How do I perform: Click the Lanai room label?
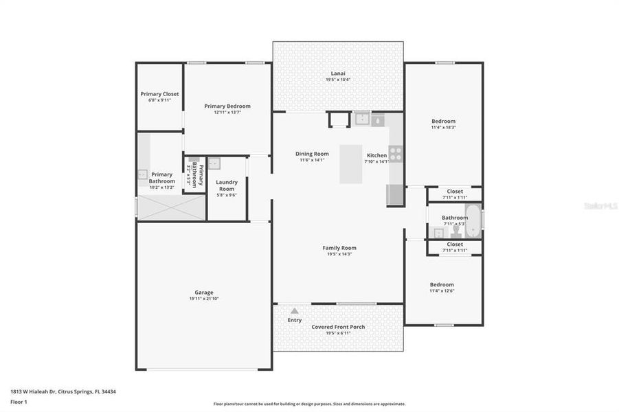[337, 73]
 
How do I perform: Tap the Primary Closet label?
[159, 94]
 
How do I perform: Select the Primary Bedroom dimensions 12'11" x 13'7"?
[227, 113]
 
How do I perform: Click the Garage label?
[203, 292]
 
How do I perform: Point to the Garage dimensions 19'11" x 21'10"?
[203, 299]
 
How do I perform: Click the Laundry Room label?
[227, 185]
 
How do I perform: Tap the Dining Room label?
[312, 154]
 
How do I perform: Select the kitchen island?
[351, 163]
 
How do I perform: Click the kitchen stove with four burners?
[395, 153]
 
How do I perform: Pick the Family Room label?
[339, 248]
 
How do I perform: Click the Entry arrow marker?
[295, 311]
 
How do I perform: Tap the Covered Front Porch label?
[338, 327]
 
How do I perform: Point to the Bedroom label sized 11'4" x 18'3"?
[443, 122]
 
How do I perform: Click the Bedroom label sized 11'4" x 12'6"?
[442, 284]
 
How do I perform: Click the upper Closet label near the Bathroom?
[455, 192]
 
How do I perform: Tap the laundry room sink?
[214, 163]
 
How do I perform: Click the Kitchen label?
[376, 155]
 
